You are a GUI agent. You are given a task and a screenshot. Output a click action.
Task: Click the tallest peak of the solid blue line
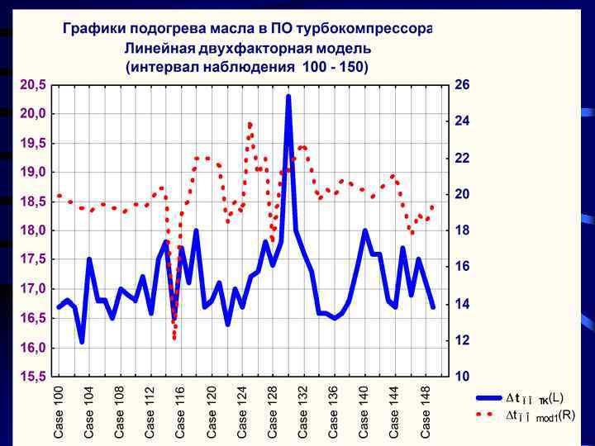coord(288,97)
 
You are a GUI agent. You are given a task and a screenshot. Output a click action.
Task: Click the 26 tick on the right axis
coord(462,84)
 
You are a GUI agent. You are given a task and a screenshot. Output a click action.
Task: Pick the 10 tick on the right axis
coord(462,377)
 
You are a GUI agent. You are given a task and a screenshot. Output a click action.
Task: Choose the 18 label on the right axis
coord(462,230)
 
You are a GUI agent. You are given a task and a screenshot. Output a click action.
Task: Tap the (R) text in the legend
coord(567,415)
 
